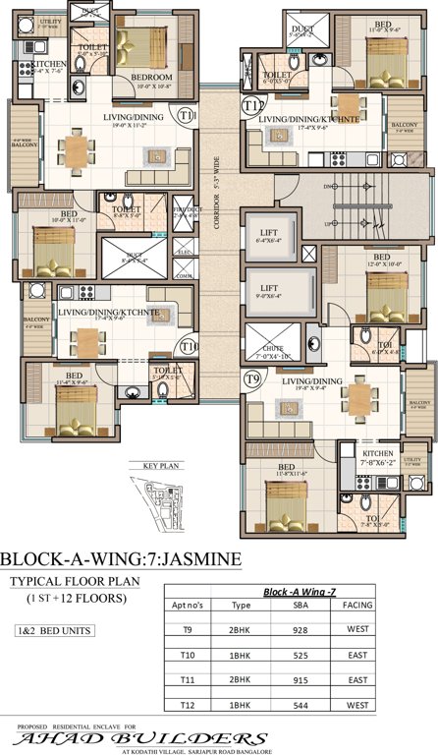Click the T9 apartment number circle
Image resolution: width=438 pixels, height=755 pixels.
(252, 377)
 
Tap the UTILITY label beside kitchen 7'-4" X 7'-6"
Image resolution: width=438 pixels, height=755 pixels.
(24, 22)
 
